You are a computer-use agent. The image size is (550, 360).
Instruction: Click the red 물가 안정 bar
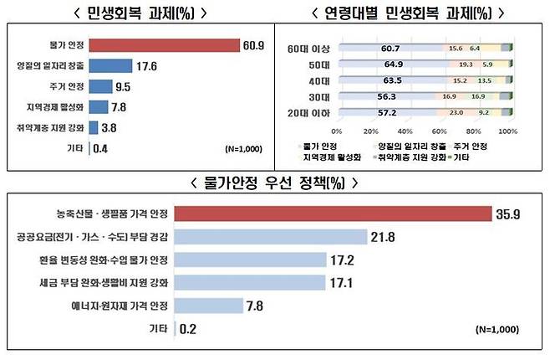click(x=164, y=44)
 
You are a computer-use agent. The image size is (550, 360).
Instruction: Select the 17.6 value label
click(x=146, y=64)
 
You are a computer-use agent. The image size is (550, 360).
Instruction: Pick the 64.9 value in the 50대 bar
click(x=384, y=65)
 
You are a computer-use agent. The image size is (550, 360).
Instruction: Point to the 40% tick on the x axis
click(x=405, y=131)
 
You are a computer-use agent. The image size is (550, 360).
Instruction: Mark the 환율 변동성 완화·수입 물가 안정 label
click(x=109, y=260)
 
